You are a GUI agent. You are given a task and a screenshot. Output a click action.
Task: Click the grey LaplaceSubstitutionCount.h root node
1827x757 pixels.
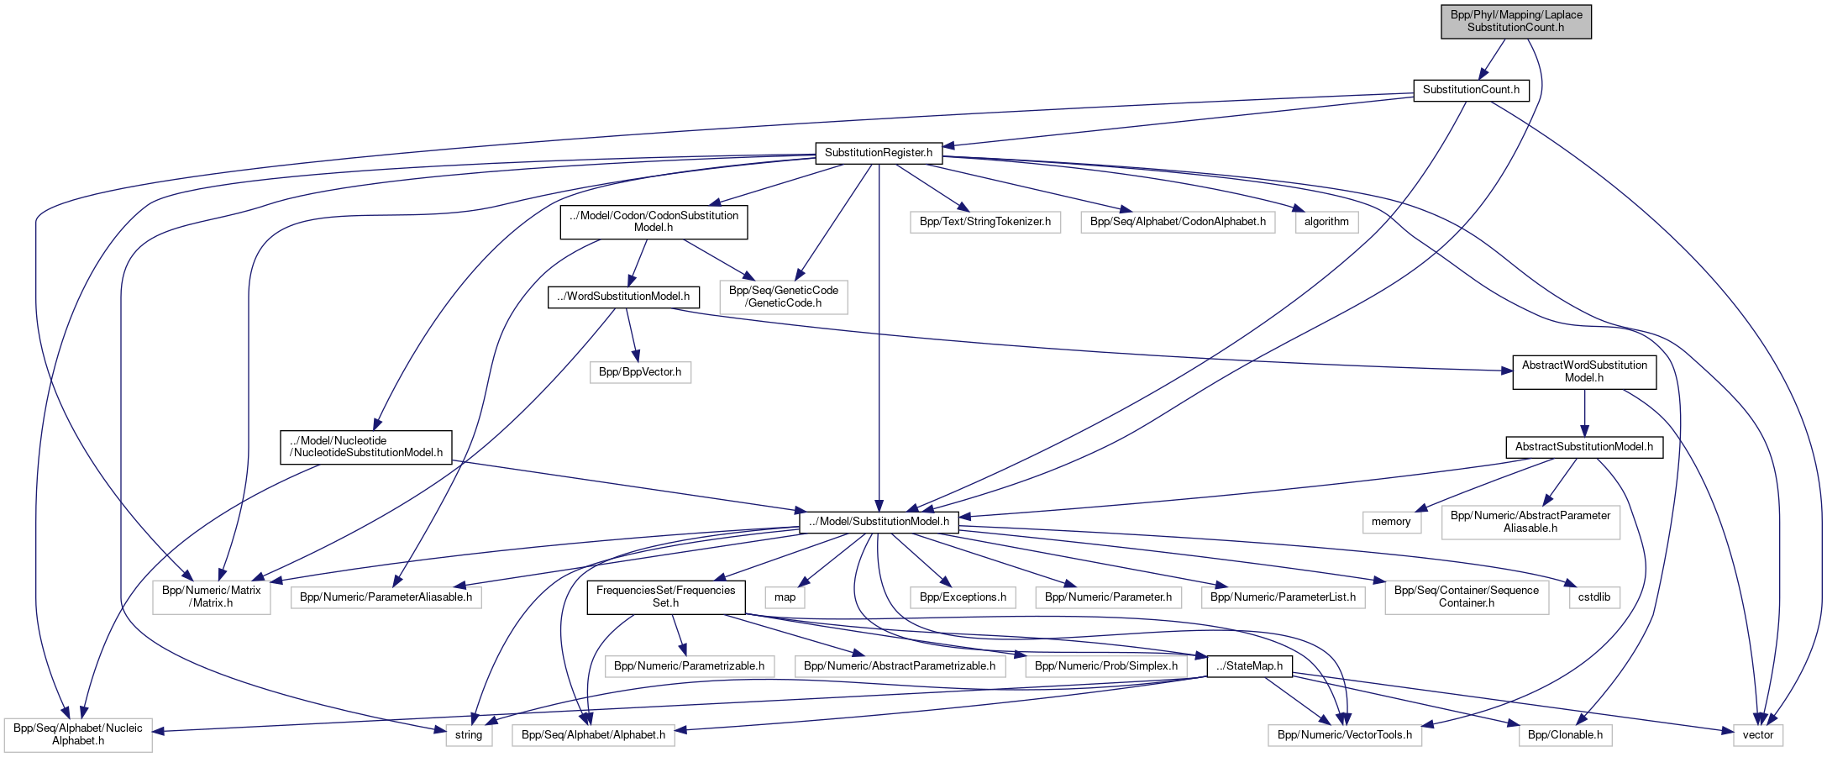click(x=1515, y=21)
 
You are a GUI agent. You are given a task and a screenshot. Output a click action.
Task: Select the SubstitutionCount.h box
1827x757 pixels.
click(x=1471, y=90)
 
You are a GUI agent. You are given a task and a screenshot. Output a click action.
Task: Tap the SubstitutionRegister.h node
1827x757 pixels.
click(x=878, y=153)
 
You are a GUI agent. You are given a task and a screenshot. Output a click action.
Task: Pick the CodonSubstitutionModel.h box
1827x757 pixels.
click(x=654, y=222)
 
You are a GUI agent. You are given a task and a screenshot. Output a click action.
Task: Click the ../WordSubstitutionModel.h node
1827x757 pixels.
click(x=623, y=297)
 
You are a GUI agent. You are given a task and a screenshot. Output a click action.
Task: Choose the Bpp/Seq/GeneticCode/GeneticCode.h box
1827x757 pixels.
click(x=783, y=297)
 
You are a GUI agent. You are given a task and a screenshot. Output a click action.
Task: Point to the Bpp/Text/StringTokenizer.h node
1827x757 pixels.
click(x=984, y=222)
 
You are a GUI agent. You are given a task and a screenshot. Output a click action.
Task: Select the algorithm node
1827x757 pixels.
click(x=1326, y=222)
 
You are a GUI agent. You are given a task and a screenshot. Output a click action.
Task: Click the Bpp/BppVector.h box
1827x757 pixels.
click(x=640, y=372)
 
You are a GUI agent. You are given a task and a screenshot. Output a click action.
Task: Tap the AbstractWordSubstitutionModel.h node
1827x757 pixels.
click(x=1583, y=371)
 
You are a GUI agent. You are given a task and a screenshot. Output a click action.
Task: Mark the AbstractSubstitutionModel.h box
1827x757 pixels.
click(x=1583, y=447)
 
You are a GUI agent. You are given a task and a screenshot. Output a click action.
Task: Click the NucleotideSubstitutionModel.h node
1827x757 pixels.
click(x=365, y=447)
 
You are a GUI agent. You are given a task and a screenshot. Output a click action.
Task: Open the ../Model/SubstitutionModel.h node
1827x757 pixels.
click(x=878, y=522)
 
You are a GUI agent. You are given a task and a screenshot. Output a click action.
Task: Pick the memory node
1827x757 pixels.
click(x=1391, y=522)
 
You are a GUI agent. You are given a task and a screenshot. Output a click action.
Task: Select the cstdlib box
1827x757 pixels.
click(x=1593, y=597)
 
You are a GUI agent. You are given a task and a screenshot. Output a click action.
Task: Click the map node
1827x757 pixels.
click(x=785, y=597)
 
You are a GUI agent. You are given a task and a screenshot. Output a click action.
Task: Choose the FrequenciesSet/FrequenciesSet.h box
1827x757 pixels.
click(x=665, y=597)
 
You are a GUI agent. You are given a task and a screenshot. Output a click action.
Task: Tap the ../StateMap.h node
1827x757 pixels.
click(x=1249, y=666)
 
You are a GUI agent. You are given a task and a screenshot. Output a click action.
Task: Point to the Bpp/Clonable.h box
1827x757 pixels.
click(x=1564, y=735)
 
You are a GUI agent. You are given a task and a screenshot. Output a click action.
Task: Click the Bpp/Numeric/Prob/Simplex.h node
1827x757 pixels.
click(x=1105, y=666)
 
